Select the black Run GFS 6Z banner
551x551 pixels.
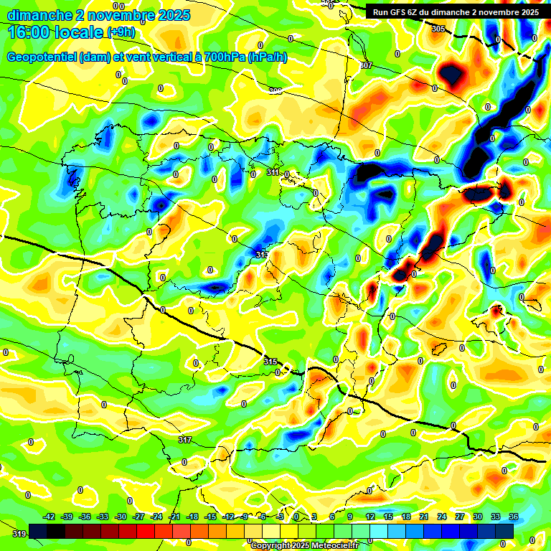click(456, 12)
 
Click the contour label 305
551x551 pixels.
click(438, 29)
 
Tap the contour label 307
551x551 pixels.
click(366, 65)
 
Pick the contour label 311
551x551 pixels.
click(273, 172)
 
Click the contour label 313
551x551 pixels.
click(262, 255)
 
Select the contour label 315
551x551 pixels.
click(270, 361)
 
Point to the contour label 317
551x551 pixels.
click(185, 440)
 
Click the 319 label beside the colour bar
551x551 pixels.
click(19, 533)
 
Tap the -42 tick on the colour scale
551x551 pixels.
click(50, 517)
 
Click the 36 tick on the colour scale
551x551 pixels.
click(514, 517)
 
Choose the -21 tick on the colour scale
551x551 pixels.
click(174, 517)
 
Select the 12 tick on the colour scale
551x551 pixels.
click(369, 517)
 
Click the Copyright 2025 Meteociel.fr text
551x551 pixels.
click(304, 545)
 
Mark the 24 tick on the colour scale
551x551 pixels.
click(441, 517)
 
